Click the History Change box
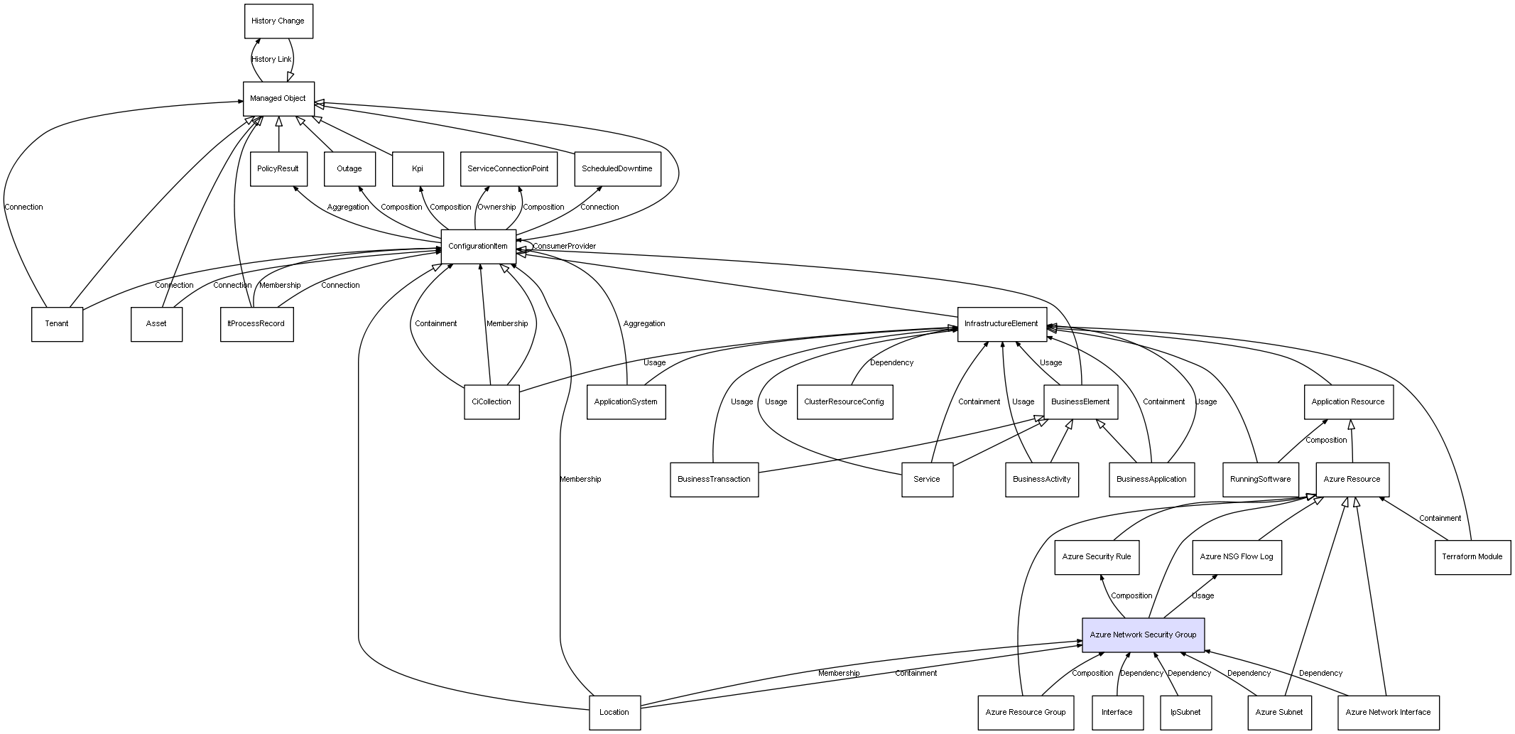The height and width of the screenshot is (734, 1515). pos(278,21)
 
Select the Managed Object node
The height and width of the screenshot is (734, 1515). pos(278,99)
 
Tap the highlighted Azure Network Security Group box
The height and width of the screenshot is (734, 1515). pos(1144,635)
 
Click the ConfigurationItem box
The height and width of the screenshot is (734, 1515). pos(479,247)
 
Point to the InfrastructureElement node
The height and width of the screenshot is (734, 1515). pos(1001,324)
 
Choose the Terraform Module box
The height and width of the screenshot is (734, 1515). pos(1472,557)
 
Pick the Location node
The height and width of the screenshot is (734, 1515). pos(614,712)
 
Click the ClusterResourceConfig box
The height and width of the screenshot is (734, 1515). pos(845,402)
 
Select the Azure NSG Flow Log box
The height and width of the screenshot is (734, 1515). pos(1237,557)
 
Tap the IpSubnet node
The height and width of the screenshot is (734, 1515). pos(1185,712)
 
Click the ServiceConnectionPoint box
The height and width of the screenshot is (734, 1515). pos(509,169)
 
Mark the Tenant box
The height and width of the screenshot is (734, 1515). pos(57,324)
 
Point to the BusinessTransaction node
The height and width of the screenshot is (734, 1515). pos(715,480)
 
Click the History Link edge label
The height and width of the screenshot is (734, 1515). pos(271,60)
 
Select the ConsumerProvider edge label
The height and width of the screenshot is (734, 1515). pos(565,247)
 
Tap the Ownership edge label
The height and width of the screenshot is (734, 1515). pos(496,207)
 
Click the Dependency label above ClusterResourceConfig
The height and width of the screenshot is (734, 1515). pos(892,363)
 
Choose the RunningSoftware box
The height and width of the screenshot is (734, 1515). pos(1261,480)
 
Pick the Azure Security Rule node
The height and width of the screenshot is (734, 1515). pos(1097,557)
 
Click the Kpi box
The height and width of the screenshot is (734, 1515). pos(418,169)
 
